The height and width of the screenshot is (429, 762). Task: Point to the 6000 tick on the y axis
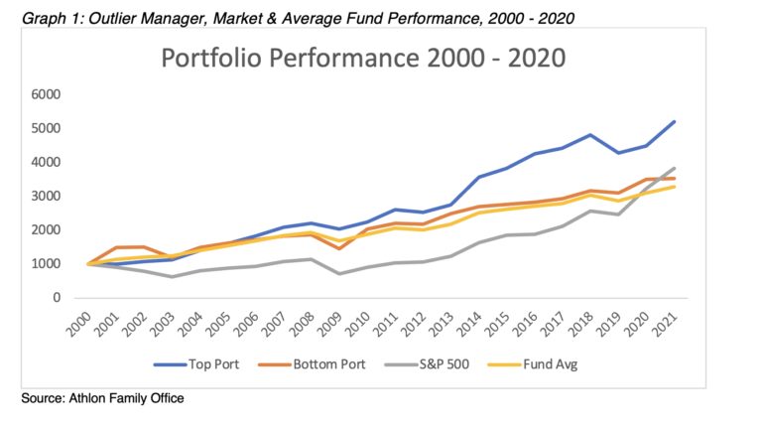47,95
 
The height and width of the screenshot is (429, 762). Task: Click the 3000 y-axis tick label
47,197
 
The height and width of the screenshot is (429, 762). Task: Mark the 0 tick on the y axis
58,298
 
